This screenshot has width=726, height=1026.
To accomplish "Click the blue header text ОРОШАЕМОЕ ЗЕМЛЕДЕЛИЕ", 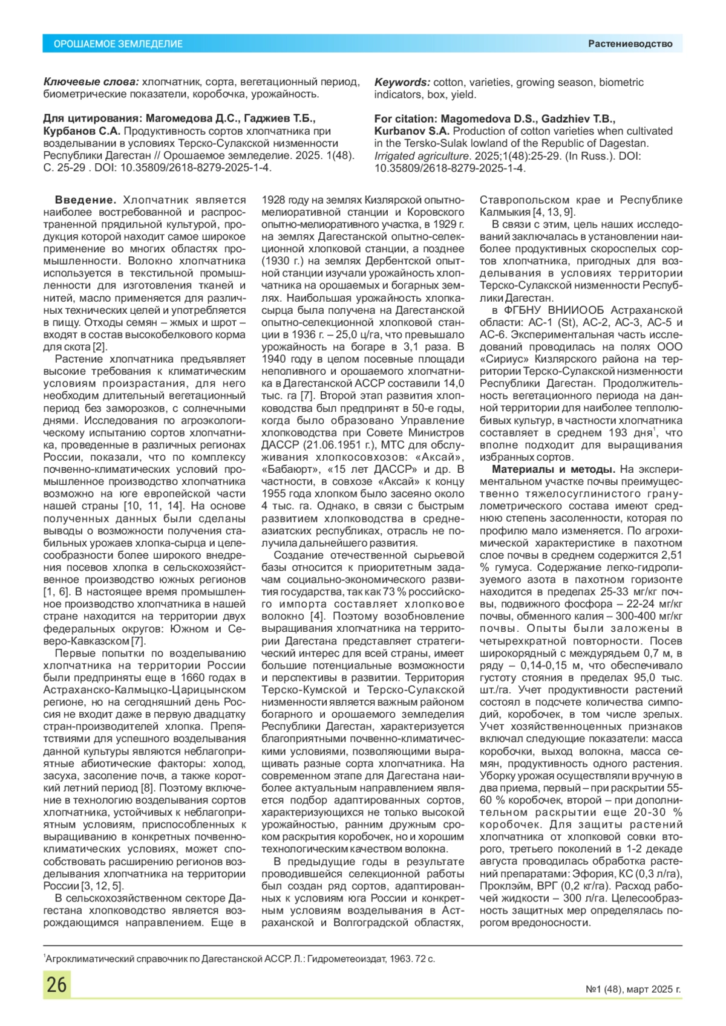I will point(118,44).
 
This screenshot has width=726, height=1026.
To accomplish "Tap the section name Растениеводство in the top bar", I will point(630,44).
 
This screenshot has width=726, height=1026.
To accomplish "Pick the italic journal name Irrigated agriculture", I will point(413,156).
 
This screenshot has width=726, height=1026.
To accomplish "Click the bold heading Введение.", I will point(85,200).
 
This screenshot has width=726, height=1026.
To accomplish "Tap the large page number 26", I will point(57,984).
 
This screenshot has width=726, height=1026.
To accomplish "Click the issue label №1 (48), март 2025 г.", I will point(633,990).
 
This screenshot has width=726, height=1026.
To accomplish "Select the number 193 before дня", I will point(617,433).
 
